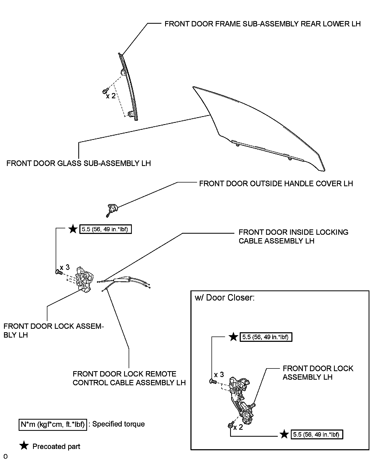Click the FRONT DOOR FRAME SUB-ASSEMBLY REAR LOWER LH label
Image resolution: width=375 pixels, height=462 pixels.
click(262, 24)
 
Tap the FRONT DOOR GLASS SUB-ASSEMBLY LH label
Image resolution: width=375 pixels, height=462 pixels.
click(79, 163)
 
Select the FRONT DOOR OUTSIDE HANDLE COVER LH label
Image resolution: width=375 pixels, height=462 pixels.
click(276, 184)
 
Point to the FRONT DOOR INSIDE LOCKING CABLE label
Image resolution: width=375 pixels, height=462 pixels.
click(293, 237)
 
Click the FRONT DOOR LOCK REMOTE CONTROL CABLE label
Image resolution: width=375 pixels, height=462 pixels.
click(129, 378)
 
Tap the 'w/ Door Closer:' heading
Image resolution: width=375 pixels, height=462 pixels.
click(225, 298)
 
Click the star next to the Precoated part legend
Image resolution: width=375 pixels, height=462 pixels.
click(24, 446)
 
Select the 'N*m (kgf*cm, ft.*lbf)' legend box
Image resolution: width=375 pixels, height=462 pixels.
click(53, 424)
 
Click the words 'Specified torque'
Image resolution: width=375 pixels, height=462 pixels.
click(119, 424)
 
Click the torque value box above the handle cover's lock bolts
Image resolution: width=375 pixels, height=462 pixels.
click(105, 229)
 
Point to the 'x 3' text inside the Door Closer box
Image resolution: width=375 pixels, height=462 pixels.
click(219, 375)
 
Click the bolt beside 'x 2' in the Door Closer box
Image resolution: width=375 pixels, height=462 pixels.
click(230, 425)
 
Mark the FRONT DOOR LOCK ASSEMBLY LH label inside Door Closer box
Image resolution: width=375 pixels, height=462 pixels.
click(318, 373)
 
